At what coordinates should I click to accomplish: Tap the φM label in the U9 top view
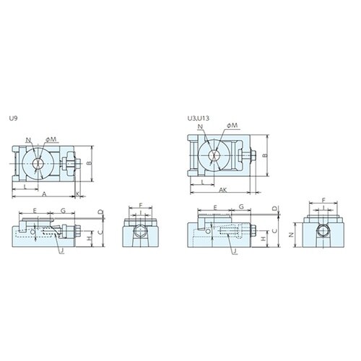52,139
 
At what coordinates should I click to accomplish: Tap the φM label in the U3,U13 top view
231,126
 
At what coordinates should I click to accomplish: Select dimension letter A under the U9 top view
45,196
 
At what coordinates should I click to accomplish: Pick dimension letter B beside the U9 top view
90,164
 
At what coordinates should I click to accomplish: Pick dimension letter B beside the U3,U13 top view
266,155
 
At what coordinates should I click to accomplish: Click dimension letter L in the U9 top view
27,186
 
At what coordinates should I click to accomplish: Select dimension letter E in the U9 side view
35,210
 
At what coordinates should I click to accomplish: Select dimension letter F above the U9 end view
140,206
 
